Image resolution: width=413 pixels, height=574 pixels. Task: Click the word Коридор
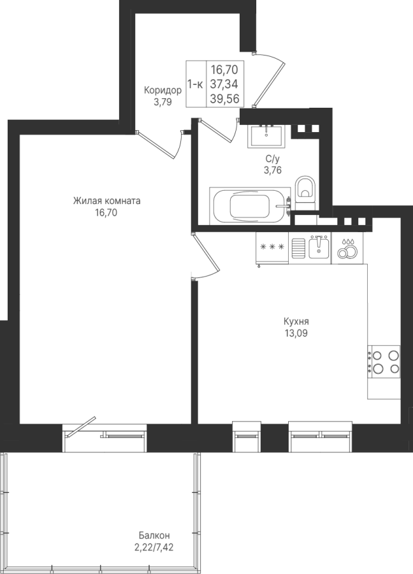163,91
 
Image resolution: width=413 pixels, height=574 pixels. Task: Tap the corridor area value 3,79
163,102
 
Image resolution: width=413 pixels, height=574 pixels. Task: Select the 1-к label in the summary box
195,84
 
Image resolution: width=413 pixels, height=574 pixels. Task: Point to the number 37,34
224,84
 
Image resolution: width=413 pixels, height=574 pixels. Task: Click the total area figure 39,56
224,98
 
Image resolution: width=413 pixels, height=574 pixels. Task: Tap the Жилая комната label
107,201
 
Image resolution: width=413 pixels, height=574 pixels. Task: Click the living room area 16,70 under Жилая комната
106,212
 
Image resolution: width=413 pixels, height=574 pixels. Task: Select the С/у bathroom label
273,158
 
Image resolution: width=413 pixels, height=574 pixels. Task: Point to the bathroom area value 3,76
273,170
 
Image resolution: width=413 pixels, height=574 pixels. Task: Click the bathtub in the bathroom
250,205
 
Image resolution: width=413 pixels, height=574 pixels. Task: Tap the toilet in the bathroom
305,193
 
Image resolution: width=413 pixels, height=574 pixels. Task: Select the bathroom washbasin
266,136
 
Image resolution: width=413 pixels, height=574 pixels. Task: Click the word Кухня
296,321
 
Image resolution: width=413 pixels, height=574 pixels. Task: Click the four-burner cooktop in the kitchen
384,362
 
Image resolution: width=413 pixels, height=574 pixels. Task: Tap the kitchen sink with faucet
319,247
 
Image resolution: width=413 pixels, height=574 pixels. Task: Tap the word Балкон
154,536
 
